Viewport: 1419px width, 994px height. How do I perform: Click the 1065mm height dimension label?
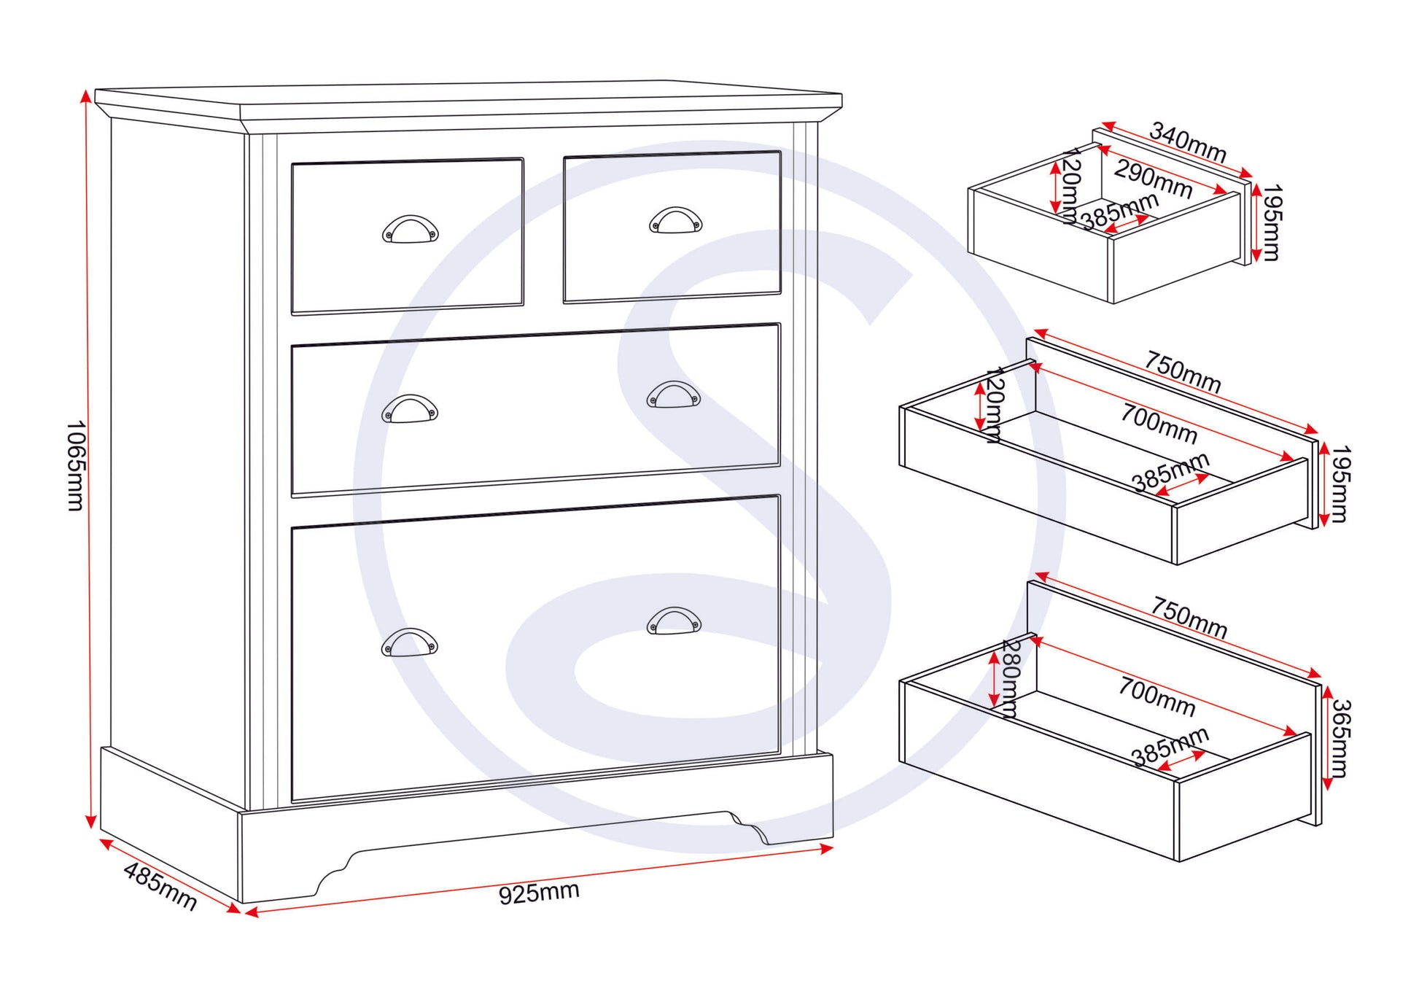click(x=75, y=465)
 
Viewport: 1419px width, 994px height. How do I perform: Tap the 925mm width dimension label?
click(x=539, y=893)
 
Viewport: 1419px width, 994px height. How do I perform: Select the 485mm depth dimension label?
click(x=160, y=885)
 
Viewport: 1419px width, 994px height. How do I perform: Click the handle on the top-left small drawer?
click(x=410, y=229)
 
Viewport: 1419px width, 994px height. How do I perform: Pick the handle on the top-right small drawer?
click(x=675, y=220)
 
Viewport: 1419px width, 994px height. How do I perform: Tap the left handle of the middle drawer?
click(x=410, y=408)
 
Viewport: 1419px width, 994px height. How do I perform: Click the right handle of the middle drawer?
click(x=674, y=395)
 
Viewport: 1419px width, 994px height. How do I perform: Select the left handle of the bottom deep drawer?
click(x=409, y=642)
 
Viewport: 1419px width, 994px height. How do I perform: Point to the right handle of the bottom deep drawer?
click(x=674, y=621)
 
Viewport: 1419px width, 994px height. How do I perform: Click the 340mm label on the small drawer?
click(x=1188, y=142)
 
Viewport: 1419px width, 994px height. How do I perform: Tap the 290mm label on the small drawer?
click(x=1153, y=179)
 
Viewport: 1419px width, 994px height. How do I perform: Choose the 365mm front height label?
click(x=1340, y=738)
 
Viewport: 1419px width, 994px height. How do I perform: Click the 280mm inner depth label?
click(x=1010, y=679)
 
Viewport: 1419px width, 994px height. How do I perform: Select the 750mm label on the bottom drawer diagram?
click(x=1189, y=617)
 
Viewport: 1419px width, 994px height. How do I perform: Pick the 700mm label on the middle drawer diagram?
click(x=1159, y=424)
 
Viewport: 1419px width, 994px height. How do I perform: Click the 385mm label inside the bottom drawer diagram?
click(x=1170, y=747)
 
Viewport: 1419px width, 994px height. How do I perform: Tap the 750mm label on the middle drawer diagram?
click(x=1183, y=372)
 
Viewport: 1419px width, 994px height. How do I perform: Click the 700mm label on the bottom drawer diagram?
click(x=1156, y=696)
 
